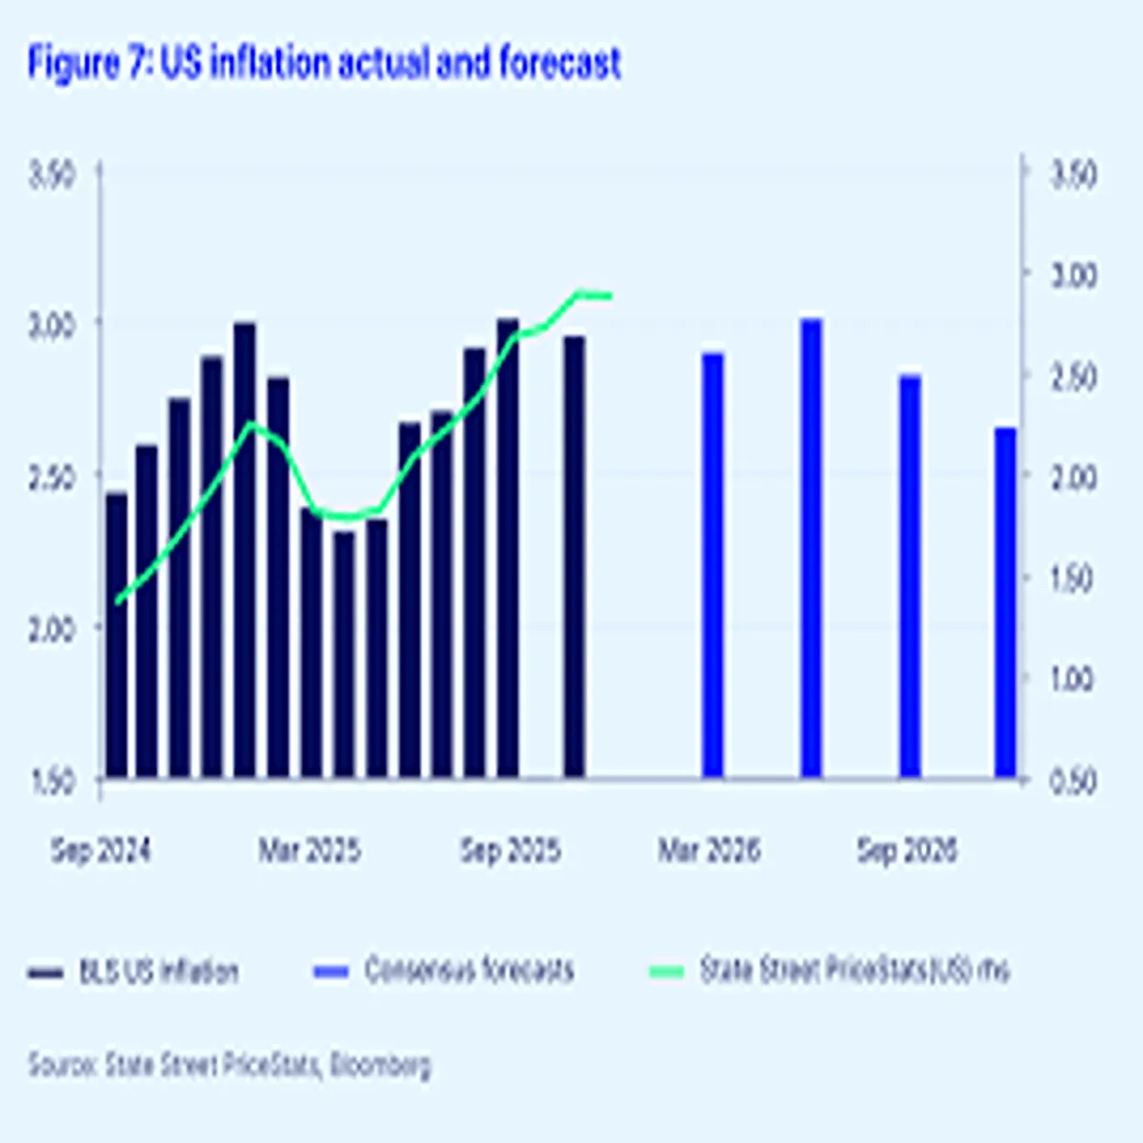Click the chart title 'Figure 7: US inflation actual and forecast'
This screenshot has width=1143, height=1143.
[324, 64]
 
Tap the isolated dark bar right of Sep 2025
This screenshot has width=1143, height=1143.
[573, 557]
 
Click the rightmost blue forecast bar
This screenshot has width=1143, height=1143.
[1006, 603]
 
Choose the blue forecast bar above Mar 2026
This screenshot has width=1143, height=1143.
[712, 566]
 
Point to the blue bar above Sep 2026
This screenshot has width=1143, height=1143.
[910, 576]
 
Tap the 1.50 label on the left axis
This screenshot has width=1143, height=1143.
[52, 781]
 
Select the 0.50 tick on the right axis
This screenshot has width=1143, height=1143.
[1073, 781]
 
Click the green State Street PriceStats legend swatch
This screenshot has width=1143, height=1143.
[667, 972]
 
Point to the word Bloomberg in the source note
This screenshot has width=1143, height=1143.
[380, 1064]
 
